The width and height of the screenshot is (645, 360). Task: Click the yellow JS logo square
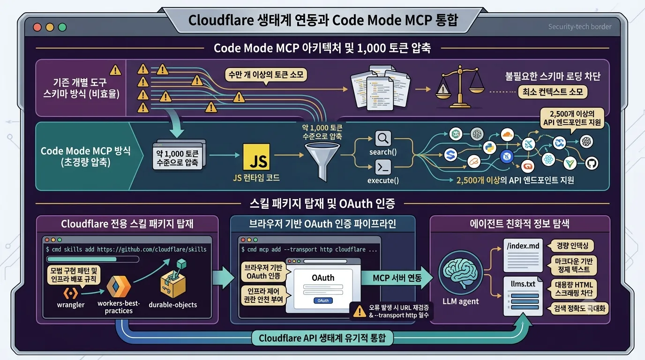tap(256, 157)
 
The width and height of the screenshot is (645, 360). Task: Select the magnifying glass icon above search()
tap(383, 139)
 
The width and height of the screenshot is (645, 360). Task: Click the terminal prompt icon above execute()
tap(383, 167)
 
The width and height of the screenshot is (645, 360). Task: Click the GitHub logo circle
tap(592, 163)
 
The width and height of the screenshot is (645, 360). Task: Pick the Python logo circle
tap(489, 148)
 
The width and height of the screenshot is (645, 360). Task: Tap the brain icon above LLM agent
tap(460, 272)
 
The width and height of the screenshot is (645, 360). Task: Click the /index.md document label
tap(523, 246)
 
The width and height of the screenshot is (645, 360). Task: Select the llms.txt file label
tap(523, 284)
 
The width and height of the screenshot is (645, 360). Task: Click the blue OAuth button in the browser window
tap(323, 300)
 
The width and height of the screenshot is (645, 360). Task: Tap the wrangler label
tap(70, 305)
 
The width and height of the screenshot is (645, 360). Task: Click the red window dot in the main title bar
tap(37, 27)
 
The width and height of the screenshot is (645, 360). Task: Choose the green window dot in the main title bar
tap(62, 27)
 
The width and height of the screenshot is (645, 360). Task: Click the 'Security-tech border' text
tap(580, 27)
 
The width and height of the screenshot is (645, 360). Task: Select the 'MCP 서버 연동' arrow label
tap(397, 278)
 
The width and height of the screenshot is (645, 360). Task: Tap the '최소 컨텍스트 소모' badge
tap(552, 92)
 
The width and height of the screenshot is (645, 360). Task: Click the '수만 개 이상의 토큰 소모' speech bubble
tap(266, 75)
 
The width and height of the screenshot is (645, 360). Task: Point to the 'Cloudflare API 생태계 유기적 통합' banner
tap(322, 338)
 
